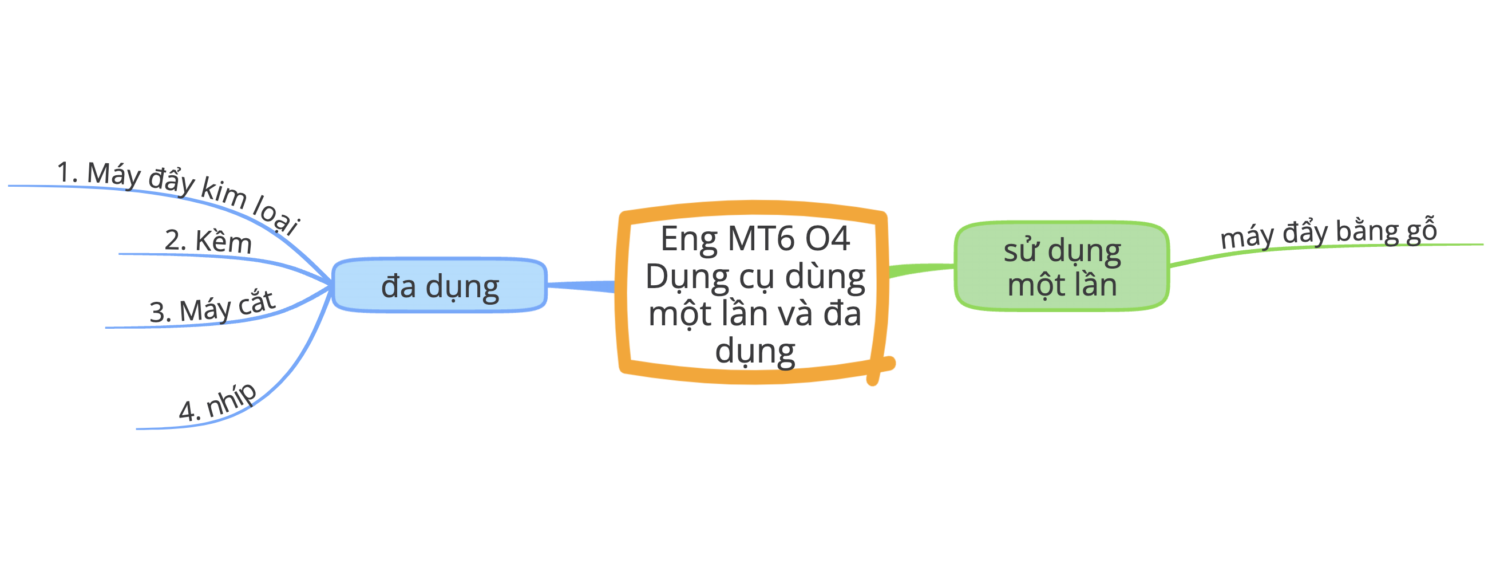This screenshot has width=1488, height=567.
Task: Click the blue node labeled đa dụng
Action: (x=439, y=286)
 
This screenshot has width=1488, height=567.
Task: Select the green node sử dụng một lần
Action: (x=1062, y=266)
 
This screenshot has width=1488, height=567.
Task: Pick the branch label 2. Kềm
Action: (x=208, y=241)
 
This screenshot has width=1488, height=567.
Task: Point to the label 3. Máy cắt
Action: (x=212, y=306)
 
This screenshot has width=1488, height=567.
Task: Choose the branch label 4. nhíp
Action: (x=217, y=402)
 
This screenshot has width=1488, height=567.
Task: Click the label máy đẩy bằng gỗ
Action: (x=1328, y=233)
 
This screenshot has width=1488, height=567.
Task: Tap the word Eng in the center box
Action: (x=689, y=239)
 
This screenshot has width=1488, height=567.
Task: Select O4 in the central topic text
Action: (x=828, y=238)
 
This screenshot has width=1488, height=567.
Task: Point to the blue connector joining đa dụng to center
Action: (x=580, y=286)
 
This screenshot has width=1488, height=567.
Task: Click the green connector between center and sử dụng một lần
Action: (x=921, y=269)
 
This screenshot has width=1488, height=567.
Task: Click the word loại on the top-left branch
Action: (x=277, y=216)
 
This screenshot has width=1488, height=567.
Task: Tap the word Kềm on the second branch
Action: (x=223, y=242)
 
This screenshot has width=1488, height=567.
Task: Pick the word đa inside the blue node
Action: (x=398, y=286)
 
